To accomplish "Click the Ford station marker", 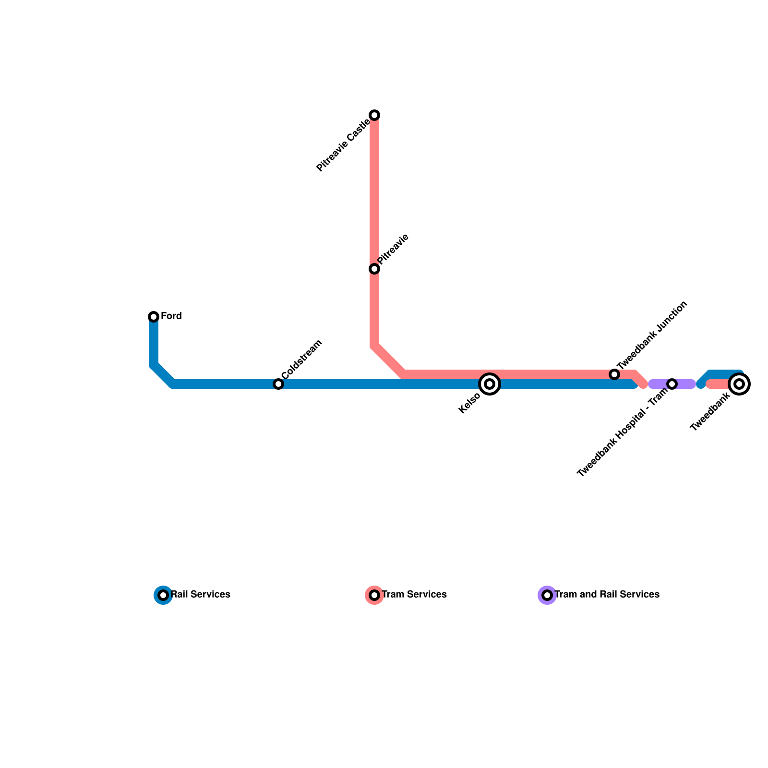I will [x=154, y=316].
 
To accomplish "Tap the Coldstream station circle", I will [x=278, y=384].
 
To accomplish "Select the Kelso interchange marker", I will [x=490, y=384].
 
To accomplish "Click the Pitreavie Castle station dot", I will [x=374, y=115].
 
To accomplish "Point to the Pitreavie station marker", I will [x=374, y=269].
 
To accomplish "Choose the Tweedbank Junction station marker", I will [x=614, y=374].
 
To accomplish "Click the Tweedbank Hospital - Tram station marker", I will [x=672, y=384].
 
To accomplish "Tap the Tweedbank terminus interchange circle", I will [x=739, y=384].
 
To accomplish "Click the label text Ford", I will [x=171, y=316].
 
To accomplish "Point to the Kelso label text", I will [x=469, y=403].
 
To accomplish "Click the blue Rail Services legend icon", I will [x=163, y=595].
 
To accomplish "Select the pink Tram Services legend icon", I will [x=374, y=595].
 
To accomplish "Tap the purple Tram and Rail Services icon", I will [x=547, y=595].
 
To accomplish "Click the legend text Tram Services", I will [x=414, y=595].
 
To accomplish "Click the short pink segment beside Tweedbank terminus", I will [x=718, y=384].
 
